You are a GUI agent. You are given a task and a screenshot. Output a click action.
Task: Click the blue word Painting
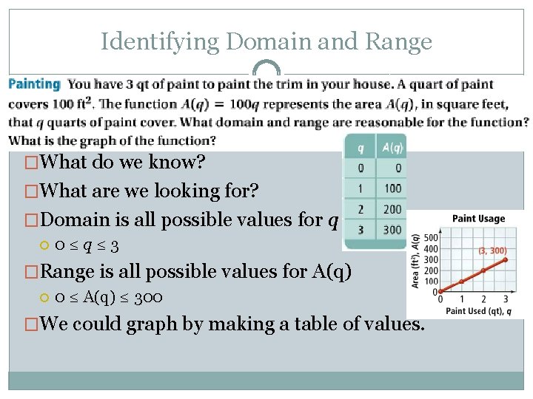34,84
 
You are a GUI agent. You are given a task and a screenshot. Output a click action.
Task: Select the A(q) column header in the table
392,148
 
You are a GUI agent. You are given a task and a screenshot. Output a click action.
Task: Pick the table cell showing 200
392,209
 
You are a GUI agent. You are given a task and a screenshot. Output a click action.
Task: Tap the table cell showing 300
392,230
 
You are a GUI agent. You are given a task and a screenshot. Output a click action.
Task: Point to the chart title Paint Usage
478,218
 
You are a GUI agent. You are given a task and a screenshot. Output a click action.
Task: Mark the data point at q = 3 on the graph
506,259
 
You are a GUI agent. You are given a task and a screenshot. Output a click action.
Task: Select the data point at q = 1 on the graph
462,282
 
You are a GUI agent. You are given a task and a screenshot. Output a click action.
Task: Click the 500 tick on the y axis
430,239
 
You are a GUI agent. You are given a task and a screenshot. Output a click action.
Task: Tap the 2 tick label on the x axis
483,299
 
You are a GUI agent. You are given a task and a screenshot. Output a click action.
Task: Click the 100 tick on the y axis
430,282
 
